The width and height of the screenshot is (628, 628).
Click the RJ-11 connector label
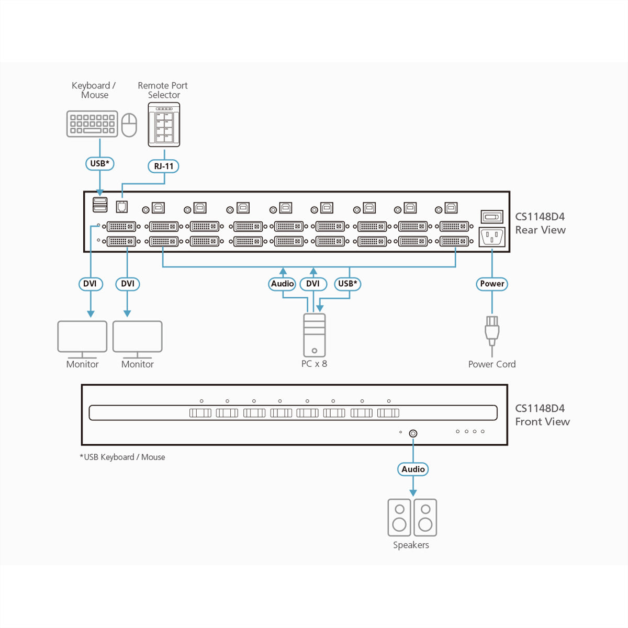coord(163,166)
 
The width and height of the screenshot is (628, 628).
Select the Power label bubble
coord(492,284)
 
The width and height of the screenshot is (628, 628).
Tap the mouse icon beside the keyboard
coord(129,125)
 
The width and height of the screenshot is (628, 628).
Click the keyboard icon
coord(92,124)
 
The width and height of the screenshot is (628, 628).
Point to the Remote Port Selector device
coord(164,125)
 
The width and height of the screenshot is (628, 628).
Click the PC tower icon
coord(314,335)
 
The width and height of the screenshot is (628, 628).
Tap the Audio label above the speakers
coord(413,469)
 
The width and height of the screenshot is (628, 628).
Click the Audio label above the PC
coord(282,284)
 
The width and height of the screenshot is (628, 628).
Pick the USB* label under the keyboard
coord(100,164)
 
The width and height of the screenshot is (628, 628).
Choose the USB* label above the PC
coord(347,284)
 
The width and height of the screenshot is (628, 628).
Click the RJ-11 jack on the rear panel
coord(121,207)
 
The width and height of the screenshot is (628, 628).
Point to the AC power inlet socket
coord(492,237)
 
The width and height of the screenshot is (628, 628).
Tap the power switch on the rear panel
coord(492,217)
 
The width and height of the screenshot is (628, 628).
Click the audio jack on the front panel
coord(413,433)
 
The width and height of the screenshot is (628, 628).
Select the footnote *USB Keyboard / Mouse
coord(122,457)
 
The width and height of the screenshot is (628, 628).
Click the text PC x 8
coord(314,364)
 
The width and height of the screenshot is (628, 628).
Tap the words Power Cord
coord(492,364)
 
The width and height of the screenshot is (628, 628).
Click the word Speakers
coord(411,545)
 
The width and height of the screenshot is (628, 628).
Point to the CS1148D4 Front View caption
coord(542,415)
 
